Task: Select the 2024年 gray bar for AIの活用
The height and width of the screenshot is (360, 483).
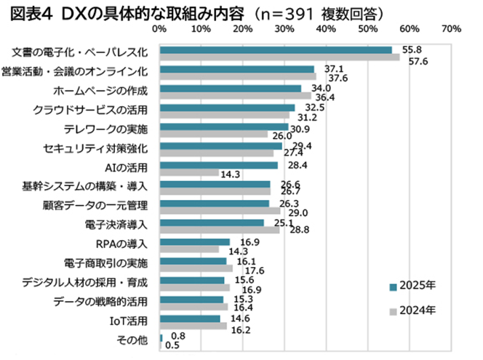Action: click(x=189, y=173)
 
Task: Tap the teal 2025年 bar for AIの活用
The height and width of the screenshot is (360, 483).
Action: click(x=218, y=165)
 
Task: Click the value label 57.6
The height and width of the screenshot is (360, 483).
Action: click(x=418, y=62)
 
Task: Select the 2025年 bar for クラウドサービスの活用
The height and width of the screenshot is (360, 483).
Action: click(x=227, y=108)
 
